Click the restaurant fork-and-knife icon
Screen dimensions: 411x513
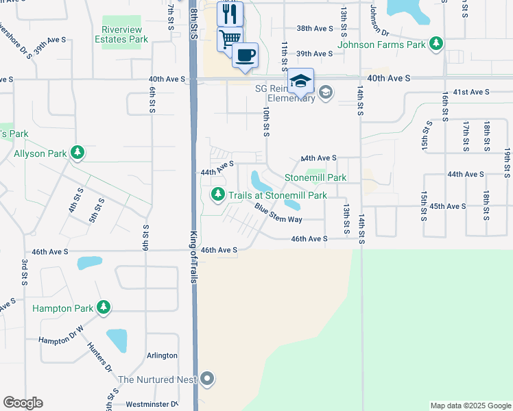coord(230,13)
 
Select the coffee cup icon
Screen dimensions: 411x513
coord(245,55)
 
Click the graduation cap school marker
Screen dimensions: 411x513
coord(300,81)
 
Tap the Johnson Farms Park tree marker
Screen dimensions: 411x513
coord(436,45)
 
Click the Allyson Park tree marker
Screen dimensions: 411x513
coord(78,153)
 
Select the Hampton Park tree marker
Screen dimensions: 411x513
coord(104,308)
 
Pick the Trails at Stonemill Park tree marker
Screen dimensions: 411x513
coord(218,195)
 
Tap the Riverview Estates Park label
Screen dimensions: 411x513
coord(125,34)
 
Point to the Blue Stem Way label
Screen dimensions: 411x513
coord(278,213)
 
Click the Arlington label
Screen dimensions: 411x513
coord(162,356)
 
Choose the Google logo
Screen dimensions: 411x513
coord(23,402)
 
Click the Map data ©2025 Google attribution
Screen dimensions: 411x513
coord(470,406)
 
